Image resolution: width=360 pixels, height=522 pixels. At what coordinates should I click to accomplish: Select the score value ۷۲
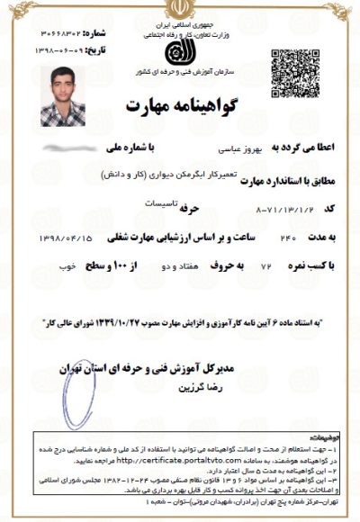tap(239, 268)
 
